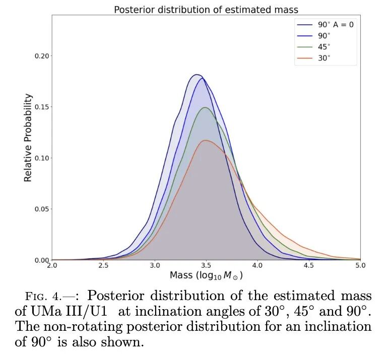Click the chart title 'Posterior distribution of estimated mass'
(x=206, y=9)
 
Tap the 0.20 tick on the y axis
(x=42, y=56)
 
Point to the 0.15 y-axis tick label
(x=42, y=107)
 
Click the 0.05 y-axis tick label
(x=42, y=209)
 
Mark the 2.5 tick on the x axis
(x=103, y=265)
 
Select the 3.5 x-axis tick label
(x=206, y=265)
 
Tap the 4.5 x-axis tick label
(x=309, y=265)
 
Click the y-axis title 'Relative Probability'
(x=28, y=137)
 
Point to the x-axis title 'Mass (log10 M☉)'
(x=209, y=276)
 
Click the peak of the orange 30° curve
(x=206, y=140)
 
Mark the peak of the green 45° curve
(x=205, y=107)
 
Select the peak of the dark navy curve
(x=197, y=75)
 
